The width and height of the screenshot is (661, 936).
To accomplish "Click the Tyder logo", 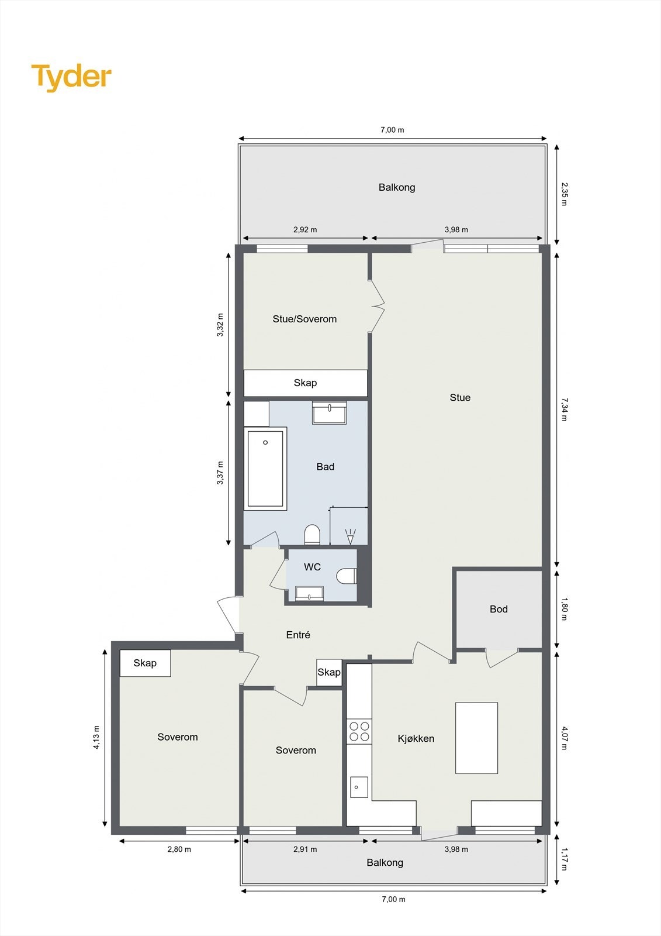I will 71,77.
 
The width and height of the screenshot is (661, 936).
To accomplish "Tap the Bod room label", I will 499,609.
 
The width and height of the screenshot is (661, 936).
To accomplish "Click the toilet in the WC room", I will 347,576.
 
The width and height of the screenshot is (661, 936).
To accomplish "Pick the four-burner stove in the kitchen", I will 359,732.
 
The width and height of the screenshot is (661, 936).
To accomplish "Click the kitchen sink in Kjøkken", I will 359,787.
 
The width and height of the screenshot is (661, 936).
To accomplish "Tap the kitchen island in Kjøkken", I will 476,738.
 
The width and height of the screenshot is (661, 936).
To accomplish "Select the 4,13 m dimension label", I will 96,737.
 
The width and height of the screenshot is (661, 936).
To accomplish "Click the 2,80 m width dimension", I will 179,849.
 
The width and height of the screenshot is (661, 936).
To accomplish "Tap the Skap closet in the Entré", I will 329,672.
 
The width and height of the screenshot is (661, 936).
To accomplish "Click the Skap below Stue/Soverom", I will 305,383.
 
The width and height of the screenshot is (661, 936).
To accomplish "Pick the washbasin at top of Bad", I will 330,413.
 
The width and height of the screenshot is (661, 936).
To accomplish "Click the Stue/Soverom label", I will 304,319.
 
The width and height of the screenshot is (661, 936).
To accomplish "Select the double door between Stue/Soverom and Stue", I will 377,307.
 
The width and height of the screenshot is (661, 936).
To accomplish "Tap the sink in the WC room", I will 309,594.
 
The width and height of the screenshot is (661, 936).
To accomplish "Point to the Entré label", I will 298,635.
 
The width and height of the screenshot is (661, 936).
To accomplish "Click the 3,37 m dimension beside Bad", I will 220,473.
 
